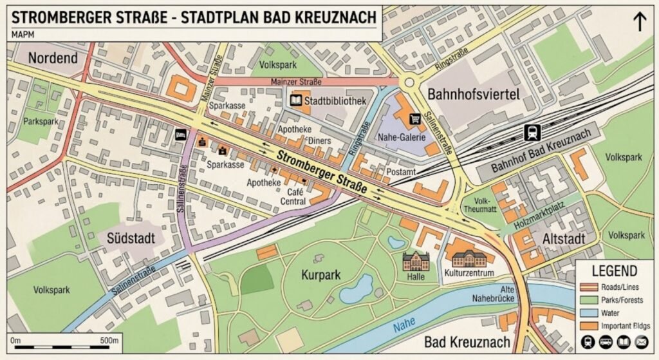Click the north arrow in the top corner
point(640,21)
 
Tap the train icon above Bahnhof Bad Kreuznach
point(532,132)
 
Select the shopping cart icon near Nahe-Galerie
point(415,118)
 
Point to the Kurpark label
point(320,275)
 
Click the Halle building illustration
point(415,261)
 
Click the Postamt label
point(401,172)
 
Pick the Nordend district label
point(53,59)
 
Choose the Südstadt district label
point(131,238)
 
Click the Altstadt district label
point(564,239)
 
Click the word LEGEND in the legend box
point(614,271)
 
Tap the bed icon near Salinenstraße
point(181,135)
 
